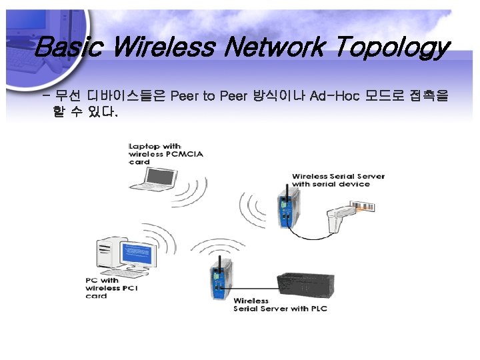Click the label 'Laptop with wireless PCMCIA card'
point(165,153)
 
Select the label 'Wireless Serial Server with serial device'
point(338,180)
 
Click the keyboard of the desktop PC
point(133,274)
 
